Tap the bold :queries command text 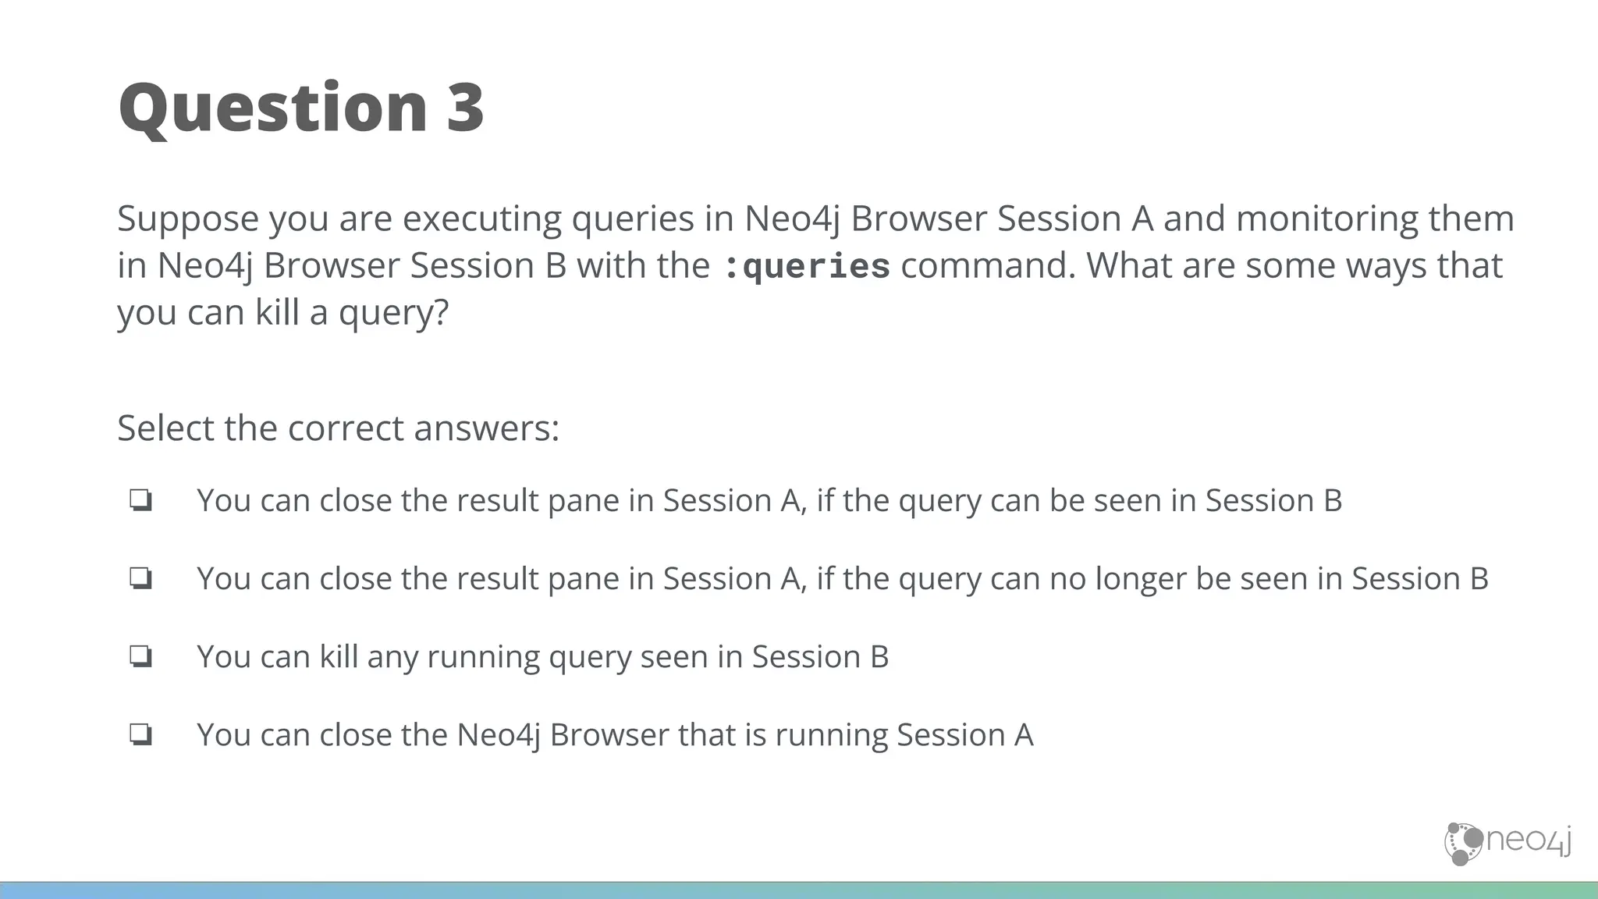click(x=806, y=267)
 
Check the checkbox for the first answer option click(x=140, y=500)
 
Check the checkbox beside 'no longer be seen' click(x=140, y=578)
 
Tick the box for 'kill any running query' click(x=140, y=656)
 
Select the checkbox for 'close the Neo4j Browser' click(x=140, y=734)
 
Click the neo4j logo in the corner click(x=1507, y=843)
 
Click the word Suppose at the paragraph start click(x=188, y=219)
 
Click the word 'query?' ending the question click(x=394, y=313)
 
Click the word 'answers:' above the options click(x=486, y=428)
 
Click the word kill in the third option click(x=338, y=656)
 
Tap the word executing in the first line click(x=481, y=219)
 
